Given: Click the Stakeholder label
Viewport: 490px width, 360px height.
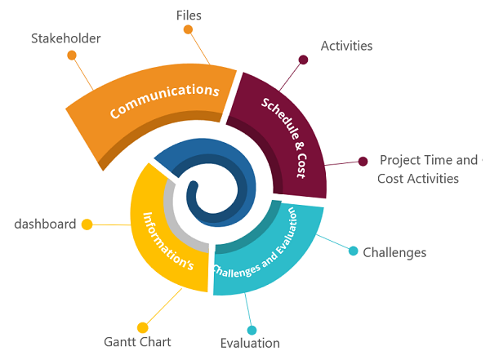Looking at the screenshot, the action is click(66, 38).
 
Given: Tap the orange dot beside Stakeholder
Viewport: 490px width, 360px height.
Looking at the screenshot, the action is click(72, 56).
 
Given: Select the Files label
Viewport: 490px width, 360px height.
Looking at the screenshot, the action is click(189, 16).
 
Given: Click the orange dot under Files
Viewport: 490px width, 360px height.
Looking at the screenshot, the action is click(188, 29).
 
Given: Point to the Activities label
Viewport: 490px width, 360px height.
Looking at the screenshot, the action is click(346, 46).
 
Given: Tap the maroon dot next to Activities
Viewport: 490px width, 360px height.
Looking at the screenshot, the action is click(303, 60).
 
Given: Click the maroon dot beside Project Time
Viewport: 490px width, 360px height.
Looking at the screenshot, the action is click(363, 162).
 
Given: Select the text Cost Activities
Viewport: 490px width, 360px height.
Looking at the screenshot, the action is click(418, 179).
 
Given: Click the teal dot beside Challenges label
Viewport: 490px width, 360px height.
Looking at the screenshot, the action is click(353, 251).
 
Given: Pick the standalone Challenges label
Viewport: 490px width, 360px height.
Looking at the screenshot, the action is click(394, 253).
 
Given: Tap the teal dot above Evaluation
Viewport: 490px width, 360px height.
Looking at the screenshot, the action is click(252, 330).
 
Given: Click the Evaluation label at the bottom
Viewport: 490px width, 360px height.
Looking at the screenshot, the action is click(250, 343).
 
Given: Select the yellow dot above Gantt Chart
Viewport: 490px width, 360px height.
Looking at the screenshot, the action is click(142, 328).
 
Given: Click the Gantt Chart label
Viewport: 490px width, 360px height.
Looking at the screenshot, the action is click(137, 342).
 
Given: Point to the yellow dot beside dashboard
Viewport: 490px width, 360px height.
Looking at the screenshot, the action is click(87, 224).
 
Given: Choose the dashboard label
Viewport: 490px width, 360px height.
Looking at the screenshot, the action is click(45, 224).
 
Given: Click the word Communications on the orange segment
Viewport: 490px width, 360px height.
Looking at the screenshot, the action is click(165, 100).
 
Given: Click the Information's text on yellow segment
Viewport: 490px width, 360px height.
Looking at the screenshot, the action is click(167, 242).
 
